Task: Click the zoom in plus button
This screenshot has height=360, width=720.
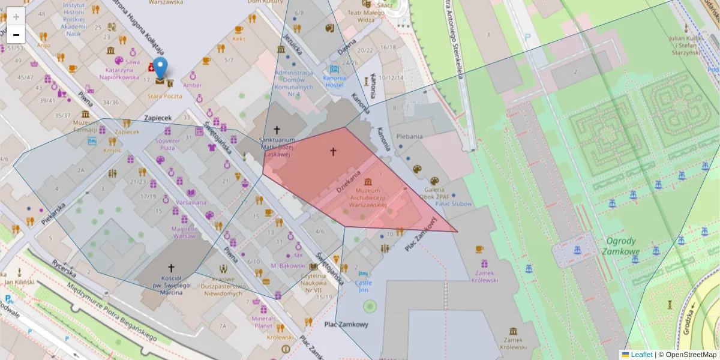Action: [x=16, y=17]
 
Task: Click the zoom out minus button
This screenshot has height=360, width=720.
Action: [x=16, y=35]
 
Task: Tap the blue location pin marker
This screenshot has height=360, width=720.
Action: [x=160, y=69]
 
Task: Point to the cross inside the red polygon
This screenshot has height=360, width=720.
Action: [x=334, y=152]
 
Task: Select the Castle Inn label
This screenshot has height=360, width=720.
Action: [x=364, y=286]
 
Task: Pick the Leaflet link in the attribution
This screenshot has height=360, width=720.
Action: [x=641, y=355]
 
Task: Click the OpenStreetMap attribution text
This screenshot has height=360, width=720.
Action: [x=690, y=355]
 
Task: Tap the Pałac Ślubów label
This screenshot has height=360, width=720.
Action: [x=454, y=203]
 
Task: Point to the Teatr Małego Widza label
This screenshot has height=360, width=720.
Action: [x=365, y=16]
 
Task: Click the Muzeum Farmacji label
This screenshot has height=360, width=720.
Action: [x=86, y=125]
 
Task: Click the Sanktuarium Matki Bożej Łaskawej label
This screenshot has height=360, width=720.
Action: [x=277, y=147]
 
